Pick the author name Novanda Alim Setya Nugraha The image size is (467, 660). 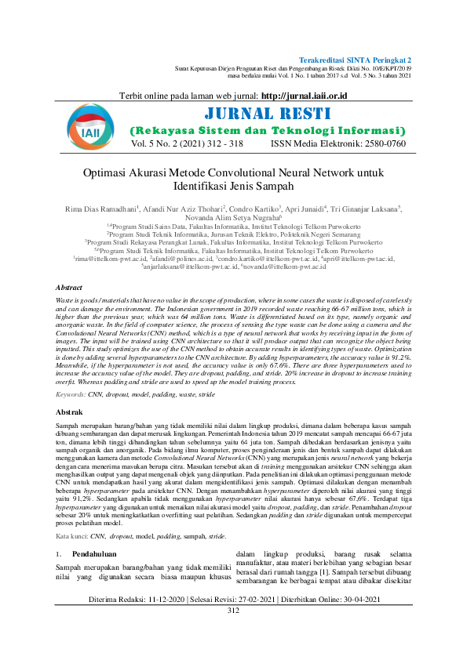click(x=232, y=219)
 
